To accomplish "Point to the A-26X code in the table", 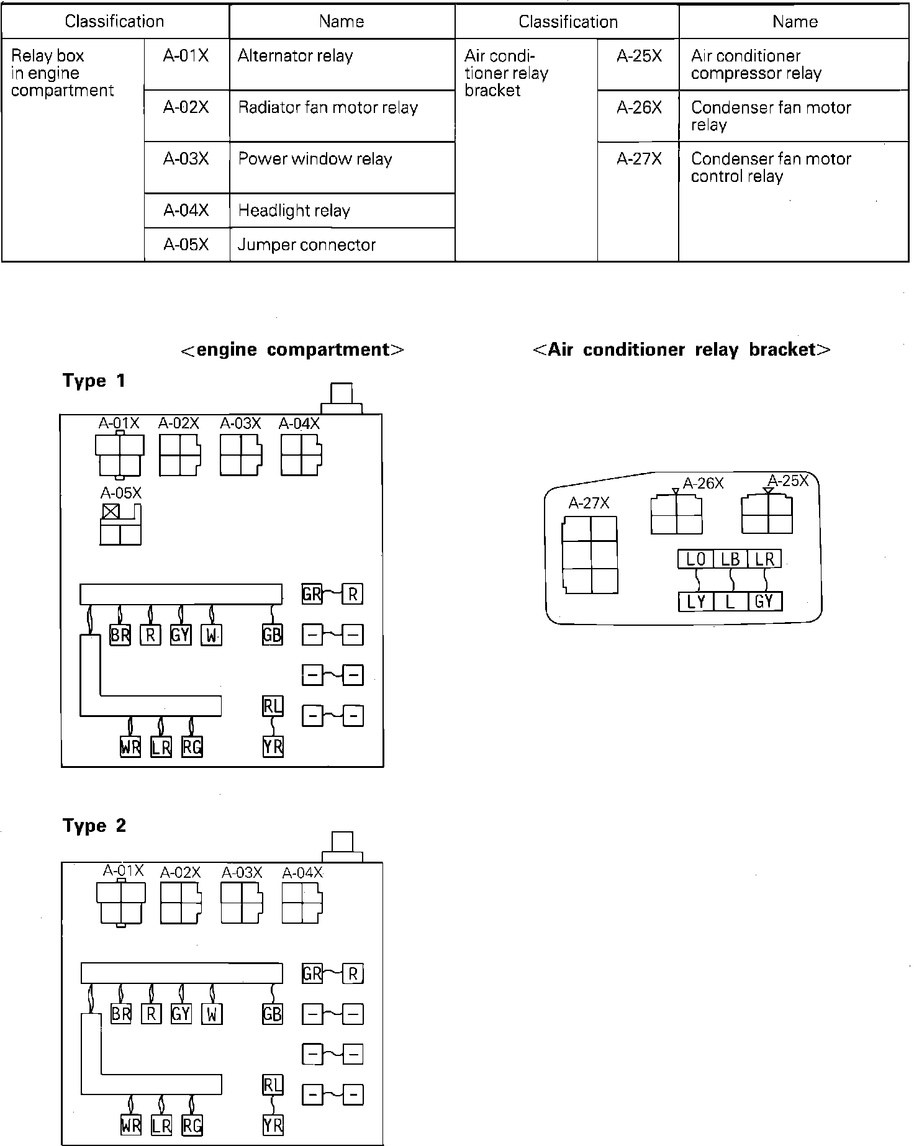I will (639, 108).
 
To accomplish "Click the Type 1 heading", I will (94, 381).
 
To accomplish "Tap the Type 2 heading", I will (94, 825).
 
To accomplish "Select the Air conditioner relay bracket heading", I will (681, 350).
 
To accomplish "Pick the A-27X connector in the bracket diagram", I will (590, 554).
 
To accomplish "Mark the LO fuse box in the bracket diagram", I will (695, 559).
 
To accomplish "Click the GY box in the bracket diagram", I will (764, 602).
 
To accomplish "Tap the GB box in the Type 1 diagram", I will (273, 634).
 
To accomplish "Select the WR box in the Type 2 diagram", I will (131, 1125).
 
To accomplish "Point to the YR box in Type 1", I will (273, 747).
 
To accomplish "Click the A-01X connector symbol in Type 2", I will (121, 903).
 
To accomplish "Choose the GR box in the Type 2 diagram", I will (312, 973).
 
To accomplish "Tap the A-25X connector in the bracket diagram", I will (767, 513).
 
